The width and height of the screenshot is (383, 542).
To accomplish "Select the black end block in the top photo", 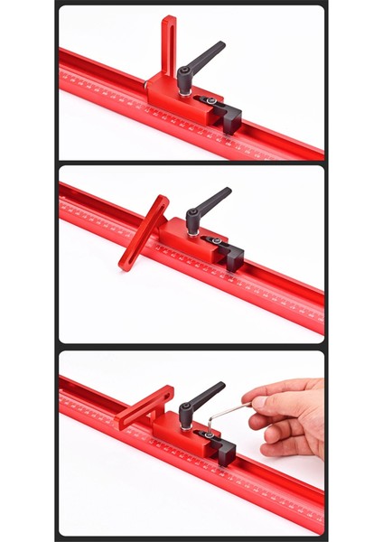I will click(230, 116).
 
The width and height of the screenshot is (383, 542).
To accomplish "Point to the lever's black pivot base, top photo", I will click(184, 89).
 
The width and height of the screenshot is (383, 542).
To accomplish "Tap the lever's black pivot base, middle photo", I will click(192, 229).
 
